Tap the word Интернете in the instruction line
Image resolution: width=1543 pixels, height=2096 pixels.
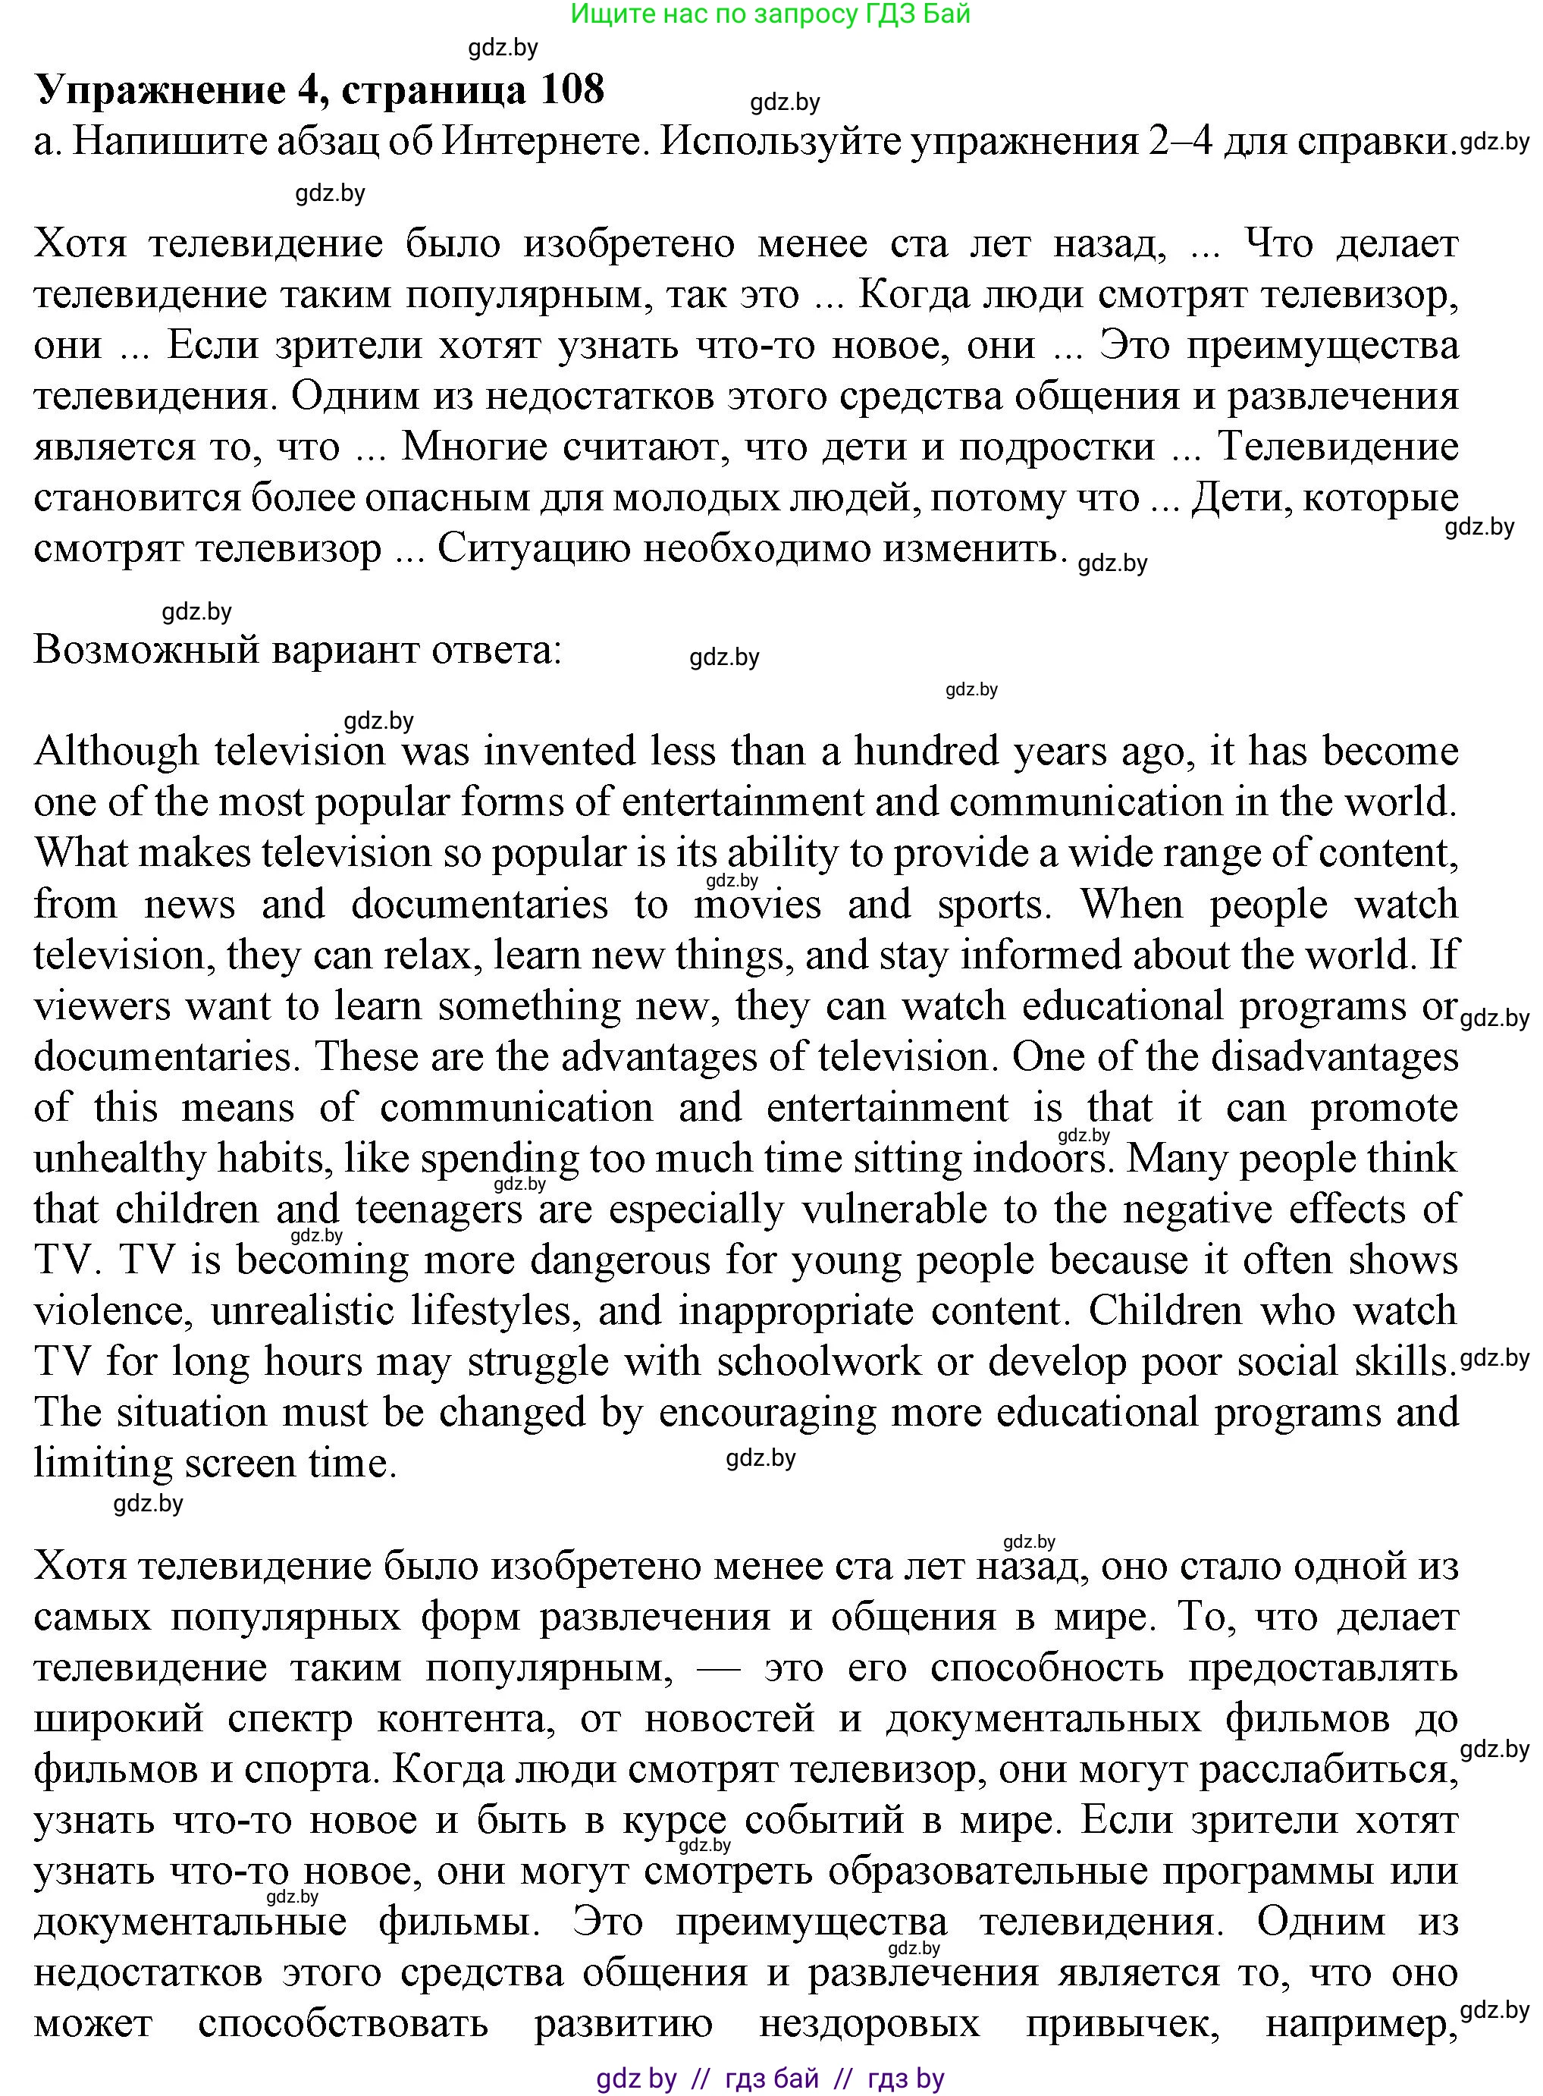point(539,142)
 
